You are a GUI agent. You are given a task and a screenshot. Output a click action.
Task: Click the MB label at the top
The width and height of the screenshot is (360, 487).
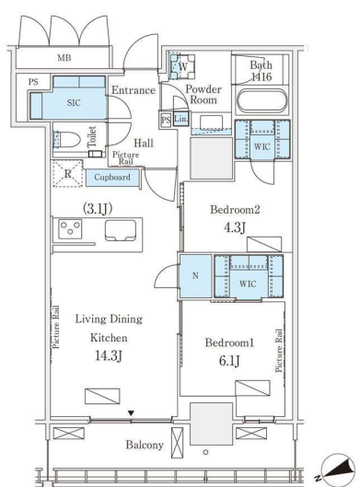(64, 58)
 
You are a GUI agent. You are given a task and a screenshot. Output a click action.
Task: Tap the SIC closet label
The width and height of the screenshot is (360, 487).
(74, 102)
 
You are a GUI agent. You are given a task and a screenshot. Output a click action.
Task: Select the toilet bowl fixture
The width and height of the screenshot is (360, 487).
(66, 140)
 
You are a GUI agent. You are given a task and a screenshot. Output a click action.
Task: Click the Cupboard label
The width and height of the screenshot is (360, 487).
(112, 177)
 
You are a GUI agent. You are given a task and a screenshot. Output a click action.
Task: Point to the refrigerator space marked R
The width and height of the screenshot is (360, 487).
(68, 174)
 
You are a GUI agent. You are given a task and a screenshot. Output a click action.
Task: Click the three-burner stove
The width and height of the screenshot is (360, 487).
(70, 229)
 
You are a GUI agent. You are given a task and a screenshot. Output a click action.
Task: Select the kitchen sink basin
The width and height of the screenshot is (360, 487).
(121, 230)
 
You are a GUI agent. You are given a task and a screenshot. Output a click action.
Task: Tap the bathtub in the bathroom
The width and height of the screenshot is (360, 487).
(262, 101)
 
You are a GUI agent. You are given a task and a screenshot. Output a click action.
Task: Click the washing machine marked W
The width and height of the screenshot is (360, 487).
(183, 66)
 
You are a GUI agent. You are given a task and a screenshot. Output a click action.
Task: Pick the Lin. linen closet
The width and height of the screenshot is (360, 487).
(180, 119)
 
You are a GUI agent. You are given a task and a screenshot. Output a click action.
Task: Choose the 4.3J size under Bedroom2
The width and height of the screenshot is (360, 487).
(235, 228)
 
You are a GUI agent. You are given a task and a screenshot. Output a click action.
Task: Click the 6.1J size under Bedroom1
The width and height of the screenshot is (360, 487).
(229, 361)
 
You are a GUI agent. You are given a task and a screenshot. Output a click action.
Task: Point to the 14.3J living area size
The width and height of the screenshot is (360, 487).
(108, 355)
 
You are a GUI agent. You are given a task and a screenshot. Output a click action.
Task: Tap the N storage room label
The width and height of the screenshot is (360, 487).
(195, 275)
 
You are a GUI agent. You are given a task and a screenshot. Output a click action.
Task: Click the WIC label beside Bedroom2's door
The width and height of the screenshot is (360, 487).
(261, 146)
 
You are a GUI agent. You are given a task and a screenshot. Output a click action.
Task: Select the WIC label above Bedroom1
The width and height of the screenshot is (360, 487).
(248, 284)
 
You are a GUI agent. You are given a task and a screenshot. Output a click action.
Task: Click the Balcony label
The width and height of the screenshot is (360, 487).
(145, 445)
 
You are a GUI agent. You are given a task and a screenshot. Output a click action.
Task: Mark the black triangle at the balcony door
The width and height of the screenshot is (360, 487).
(131, 413)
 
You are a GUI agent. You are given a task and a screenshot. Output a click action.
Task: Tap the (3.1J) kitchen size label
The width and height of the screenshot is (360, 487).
(98, 209)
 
